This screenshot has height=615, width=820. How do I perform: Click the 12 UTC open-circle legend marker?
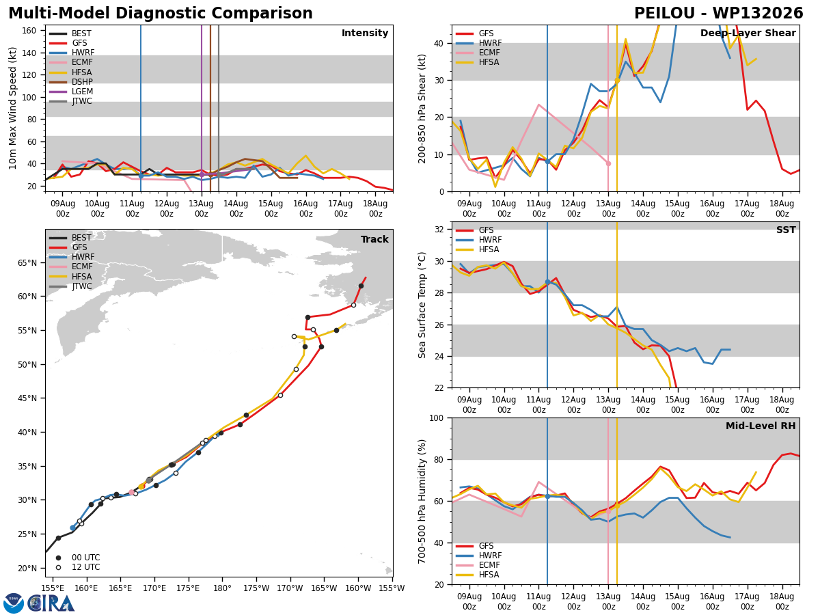tap(58, 568)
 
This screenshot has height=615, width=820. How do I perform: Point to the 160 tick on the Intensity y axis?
tap(29, 31)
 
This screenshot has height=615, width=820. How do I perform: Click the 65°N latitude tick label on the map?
tap(27, 263)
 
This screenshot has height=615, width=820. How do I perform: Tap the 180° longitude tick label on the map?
tap(222, 589)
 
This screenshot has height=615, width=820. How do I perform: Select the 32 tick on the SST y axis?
tap(439, 230)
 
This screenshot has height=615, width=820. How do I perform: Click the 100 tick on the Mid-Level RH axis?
tap(437, 418)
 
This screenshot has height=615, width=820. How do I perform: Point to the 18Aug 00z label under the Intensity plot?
tap(375, 208)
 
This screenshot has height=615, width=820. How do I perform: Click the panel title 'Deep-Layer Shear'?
tap(748, 33)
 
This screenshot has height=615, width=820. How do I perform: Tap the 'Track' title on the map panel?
tap(374, 239)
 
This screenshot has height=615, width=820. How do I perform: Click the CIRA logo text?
tap(51, 603)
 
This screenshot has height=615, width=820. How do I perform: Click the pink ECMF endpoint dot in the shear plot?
tap(608, 163)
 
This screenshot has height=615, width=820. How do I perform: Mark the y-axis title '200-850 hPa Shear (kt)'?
tap(422, 109)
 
